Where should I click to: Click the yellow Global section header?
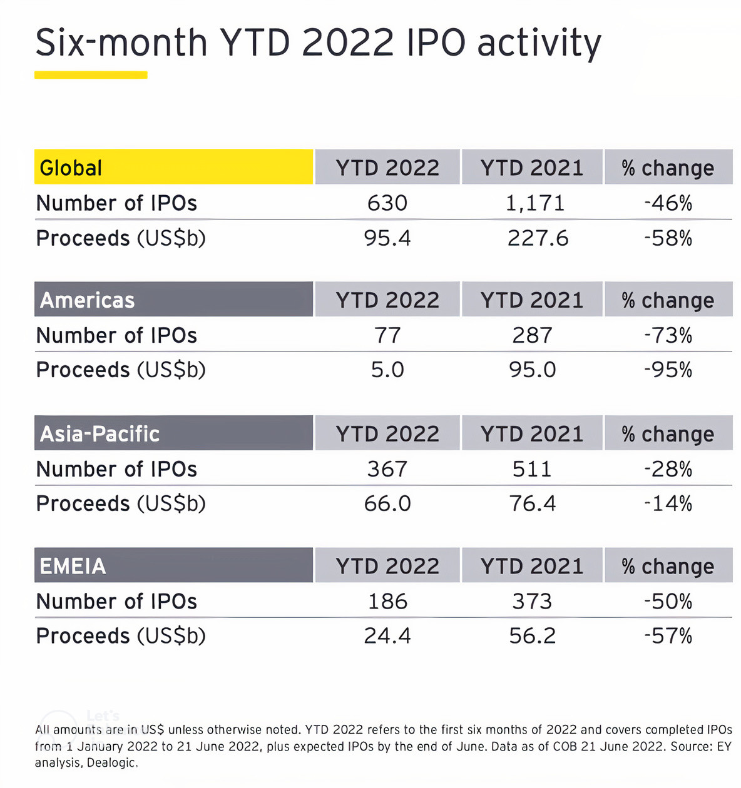click(x=173, y=167)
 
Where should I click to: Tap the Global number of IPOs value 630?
click(x=387, y=203)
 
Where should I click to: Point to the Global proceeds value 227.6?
click(x=538, y=238)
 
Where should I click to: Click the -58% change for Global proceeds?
click(x=668, y=238)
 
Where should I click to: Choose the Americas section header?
click(x=173, y=300)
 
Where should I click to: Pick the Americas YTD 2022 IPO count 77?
click(x=387, y=336)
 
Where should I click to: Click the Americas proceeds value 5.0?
click(x=387, y=370)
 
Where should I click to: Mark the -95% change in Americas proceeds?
click(x=668, y=370)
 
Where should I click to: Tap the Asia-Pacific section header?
click(x=173, y=433)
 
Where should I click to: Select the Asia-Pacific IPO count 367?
click(x=387, y=469)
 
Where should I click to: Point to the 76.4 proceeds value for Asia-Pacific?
click(x=533, y=503)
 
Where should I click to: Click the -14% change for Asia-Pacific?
click(x=668, y=503)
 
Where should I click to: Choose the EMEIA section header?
click(x=173, y=565)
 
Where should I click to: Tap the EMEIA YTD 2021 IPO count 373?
click(x=533, y=602)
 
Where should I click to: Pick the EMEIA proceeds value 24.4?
click(x=387, y=636)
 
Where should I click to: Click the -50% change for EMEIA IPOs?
click(x=668, y=602)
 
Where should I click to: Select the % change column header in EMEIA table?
click(x=668, y=566)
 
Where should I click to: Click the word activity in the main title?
click(x=539, y=44)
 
